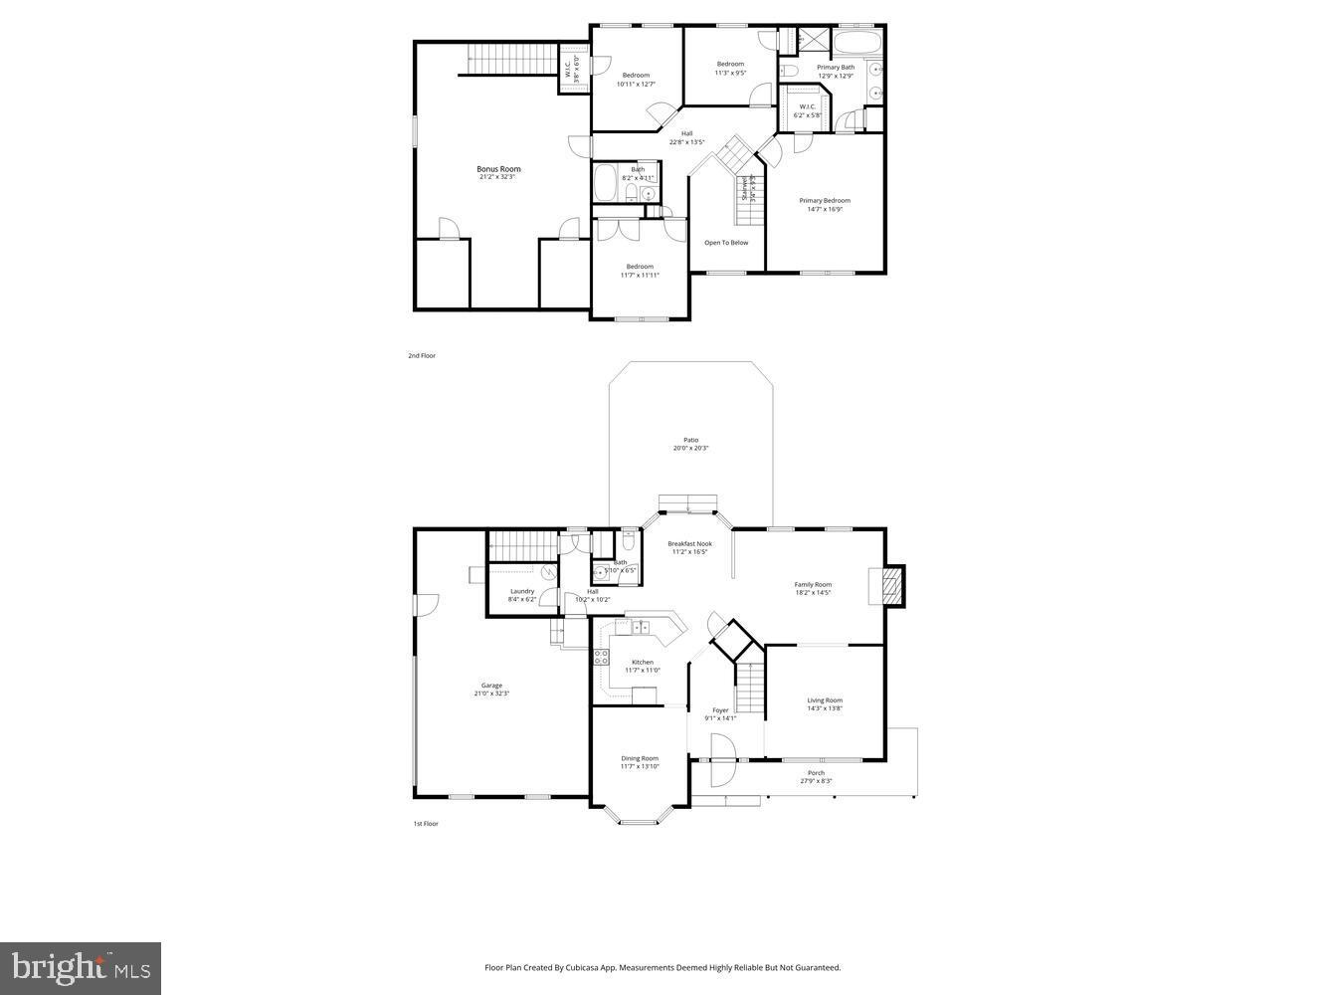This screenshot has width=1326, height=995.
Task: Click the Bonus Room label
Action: click(498, 169)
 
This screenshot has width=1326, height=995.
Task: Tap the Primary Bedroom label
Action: click(825, 200)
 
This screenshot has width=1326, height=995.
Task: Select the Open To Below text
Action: click(726, 243)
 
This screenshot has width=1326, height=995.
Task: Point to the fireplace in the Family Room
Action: click(887, 586)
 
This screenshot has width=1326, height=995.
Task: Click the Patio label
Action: click(690, 440)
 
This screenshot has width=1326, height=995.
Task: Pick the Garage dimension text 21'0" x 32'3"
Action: click(491, 694)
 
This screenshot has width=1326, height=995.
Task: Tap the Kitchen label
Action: click(643, 662)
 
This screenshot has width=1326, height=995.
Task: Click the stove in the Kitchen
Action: click(601, 657)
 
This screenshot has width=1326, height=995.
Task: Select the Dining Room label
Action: click(640, 758)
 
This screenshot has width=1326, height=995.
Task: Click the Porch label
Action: click(816, 773)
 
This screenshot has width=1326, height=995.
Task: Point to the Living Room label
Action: click(825, 699)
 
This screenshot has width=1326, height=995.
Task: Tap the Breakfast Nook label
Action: click(689, 543)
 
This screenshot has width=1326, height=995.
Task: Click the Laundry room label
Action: click(522, 591)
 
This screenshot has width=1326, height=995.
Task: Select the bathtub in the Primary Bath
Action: click(855, 43)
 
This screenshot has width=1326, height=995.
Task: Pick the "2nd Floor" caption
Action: click(422, 355)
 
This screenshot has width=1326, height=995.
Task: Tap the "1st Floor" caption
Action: click(426, 824)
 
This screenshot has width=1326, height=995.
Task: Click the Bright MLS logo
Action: click(81, 968)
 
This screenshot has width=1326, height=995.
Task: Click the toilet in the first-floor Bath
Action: click(629, 543)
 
